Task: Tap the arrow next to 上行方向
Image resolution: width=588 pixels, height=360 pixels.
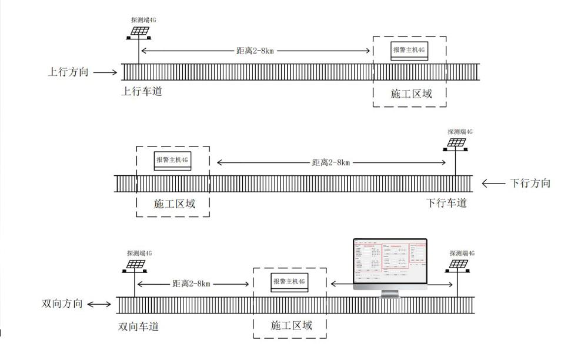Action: click(x=106, y=73)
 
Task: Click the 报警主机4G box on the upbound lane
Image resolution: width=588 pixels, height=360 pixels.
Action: click(x=409, y=51)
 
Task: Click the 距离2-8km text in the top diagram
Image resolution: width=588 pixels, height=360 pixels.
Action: click(x=255, y=51)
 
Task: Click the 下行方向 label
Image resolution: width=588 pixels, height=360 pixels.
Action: click(x=530, y=183)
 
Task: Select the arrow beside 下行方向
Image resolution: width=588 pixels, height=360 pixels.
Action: click(x=493, y=183)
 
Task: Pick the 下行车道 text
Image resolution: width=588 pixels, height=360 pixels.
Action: click(x=446, y=203)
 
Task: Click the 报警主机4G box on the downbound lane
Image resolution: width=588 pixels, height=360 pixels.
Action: click(x=173, y=160)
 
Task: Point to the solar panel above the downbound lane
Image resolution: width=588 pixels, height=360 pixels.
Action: click(x=456, y=143)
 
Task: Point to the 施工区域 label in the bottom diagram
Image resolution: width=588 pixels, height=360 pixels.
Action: click(x=291, y=325)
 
